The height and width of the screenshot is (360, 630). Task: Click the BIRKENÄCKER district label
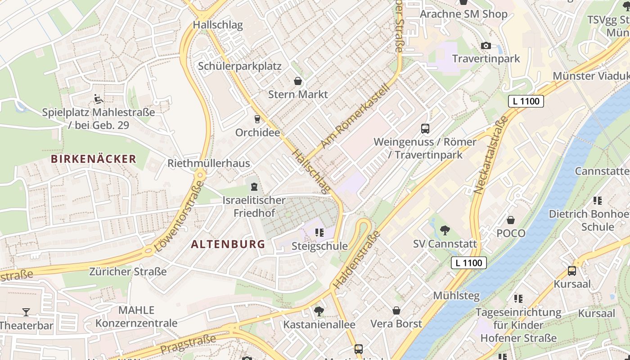click(93, 159)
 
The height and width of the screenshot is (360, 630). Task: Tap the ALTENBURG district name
click(228, 244)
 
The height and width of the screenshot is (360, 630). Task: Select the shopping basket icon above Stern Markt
click(297, 81)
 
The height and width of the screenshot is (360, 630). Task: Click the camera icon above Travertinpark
click(486, 45)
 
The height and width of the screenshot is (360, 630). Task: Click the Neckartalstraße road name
click(491, 156)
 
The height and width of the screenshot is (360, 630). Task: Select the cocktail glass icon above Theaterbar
click(26, 312)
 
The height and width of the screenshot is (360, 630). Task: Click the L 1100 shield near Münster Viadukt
click(526, 101)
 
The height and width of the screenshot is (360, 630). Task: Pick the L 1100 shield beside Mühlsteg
click(469, 263)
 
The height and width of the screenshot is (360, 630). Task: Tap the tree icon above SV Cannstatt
click(445, 230)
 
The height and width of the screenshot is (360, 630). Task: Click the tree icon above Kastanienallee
click(319, 311)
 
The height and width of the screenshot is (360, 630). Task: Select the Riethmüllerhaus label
click(208, 163)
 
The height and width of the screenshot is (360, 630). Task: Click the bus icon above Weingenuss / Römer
click(425, 129)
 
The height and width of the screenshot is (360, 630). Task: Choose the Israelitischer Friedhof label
click(254, 207)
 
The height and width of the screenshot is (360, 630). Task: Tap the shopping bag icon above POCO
click(510, 220)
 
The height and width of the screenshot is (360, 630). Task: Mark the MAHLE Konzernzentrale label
click(136, 317)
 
